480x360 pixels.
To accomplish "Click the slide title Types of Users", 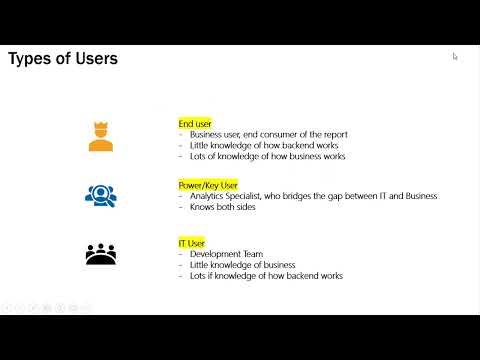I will [x=62, y=59].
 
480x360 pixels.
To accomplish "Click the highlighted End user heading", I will [x=195, y=124].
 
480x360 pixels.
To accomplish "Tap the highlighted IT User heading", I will [x=191, y=243].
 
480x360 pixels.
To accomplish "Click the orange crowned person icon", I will [x=100, y=136].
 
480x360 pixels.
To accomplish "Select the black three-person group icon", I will [x=100, y=254].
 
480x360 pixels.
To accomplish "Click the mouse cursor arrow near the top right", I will [x=455, y=57].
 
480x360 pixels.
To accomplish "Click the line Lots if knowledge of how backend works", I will [x=265, y=276].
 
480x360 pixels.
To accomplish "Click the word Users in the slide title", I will [x=95, y=59].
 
